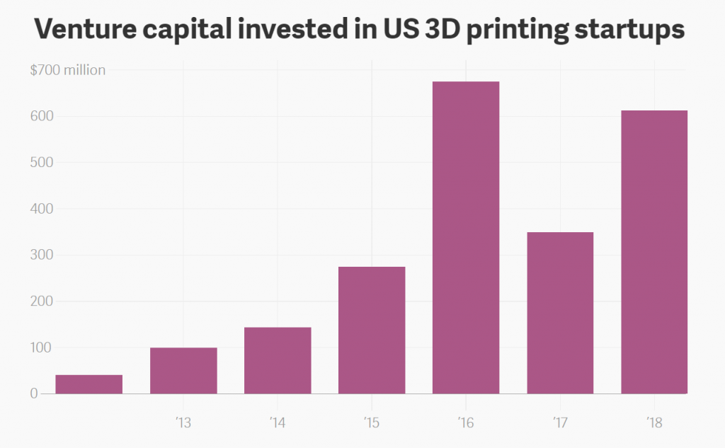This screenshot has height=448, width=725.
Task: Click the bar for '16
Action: pyautogui.click(x=466, y=238)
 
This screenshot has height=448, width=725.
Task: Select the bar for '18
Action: pyautogui.click(x=654, y=252)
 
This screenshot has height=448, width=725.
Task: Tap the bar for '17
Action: pyautogui.click(x=560, y=313)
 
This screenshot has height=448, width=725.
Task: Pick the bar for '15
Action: pyautogui.click(x=372, y=330)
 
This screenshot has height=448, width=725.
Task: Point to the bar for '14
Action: pyautogui.click(x=278, y=360)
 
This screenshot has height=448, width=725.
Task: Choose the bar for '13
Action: pyautogui.click(x=183, y=370)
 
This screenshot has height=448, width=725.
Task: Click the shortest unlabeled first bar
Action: pyautogui.click(x=89, y=384)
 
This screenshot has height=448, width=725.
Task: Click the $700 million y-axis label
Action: pyautogui.click(x=67, y=70)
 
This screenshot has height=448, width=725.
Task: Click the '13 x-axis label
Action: pyautogui.click(x=183, y=423)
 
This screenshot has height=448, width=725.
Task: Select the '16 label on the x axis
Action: pyautogui.click(x=465, y=423)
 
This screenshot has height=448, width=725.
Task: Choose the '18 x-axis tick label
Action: pyautogui.click(x=653, y=423)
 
